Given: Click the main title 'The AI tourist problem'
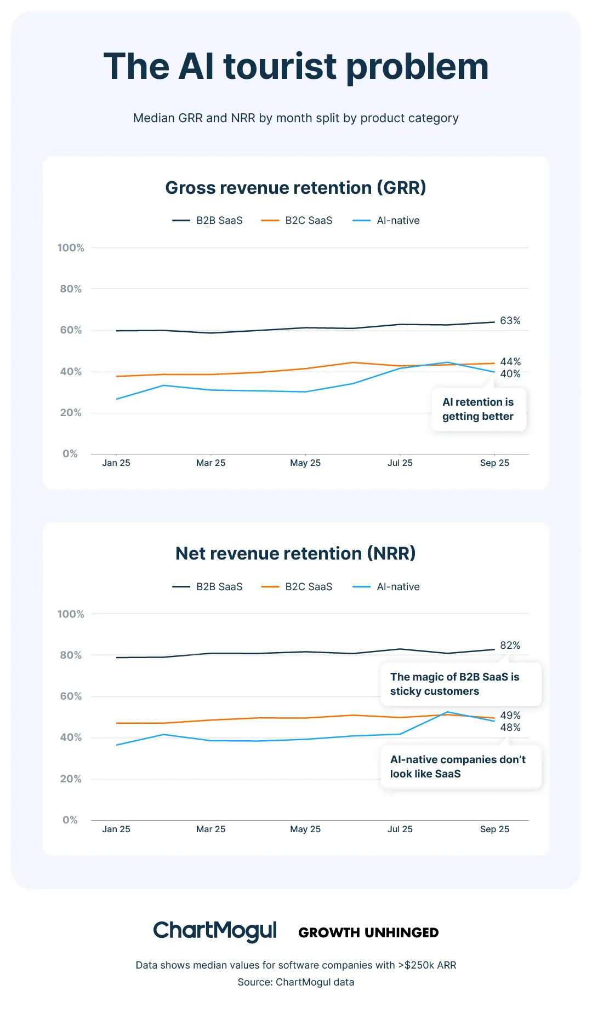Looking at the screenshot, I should [x=296, y=67].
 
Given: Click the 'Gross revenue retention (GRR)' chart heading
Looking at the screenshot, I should [x=296, y=188].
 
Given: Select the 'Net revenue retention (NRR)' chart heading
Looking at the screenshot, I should [x=296, y=554].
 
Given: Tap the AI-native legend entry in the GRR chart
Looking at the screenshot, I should [x=386, y=221].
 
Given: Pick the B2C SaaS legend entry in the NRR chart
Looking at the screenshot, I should [x=297, y=587].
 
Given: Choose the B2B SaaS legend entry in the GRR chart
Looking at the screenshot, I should [x=208, y=221].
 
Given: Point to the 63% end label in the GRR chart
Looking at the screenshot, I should [x=510, y=321].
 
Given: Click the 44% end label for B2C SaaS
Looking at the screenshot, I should [x=510, y=362].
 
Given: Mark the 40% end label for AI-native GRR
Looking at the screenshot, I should [x=510, y=374].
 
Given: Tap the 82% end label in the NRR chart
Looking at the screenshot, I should [x=510, y=646].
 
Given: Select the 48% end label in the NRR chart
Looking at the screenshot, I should [x=510, y=728].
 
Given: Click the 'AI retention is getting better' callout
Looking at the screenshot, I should [x=478, y=410].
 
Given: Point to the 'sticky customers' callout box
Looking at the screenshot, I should [x=460, y=684].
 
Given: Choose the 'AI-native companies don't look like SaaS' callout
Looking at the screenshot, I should [x=460, y=767].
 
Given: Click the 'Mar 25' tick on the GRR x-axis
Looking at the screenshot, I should [x=211, y=463].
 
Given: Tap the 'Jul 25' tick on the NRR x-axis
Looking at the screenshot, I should [x=400, y=829].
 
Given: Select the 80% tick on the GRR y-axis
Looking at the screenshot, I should [x=71, y=289].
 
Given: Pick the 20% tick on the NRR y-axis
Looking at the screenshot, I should [x=71, y=779].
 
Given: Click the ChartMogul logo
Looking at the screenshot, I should [x=215, y=931].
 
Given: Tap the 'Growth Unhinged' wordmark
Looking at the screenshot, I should [x=368, y=933].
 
